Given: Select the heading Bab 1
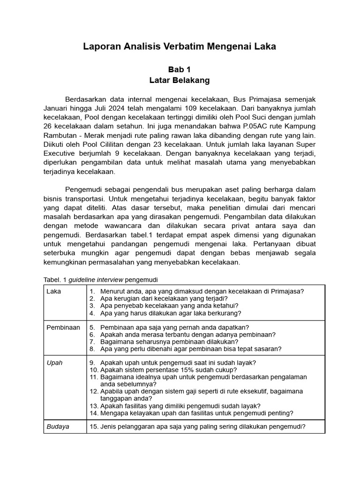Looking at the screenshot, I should [x=180, y=69].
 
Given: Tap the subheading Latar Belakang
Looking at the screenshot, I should [x=180, y=80].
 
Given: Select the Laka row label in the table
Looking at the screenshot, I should [x=53, y=291].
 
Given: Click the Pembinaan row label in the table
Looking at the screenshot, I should [x=63, y=327].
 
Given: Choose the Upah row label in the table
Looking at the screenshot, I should [x=54, y=363].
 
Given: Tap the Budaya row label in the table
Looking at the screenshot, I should [x=58, y=427].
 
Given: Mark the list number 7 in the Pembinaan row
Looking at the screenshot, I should [x=92, y=342].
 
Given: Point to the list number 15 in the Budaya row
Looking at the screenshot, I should [x=93, y=427].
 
